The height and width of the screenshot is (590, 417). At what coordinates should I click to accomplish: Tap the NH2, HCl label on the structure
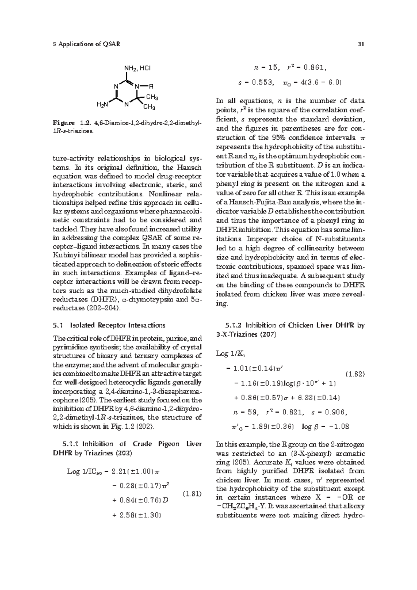[137, 68]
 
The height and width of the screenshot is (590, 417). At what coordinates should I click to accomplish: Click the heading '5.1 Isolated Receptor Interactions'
[109, 325]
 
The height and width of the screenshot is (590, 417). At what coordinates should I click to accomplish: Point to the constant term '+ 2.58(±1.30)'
[136, 515]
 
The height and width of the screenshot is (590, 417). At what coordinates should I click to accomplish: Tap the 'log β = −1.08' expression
[326, 426]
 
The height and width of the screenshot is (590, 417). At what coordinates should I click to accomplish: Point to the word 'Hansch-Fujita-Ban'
[254, 202]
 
